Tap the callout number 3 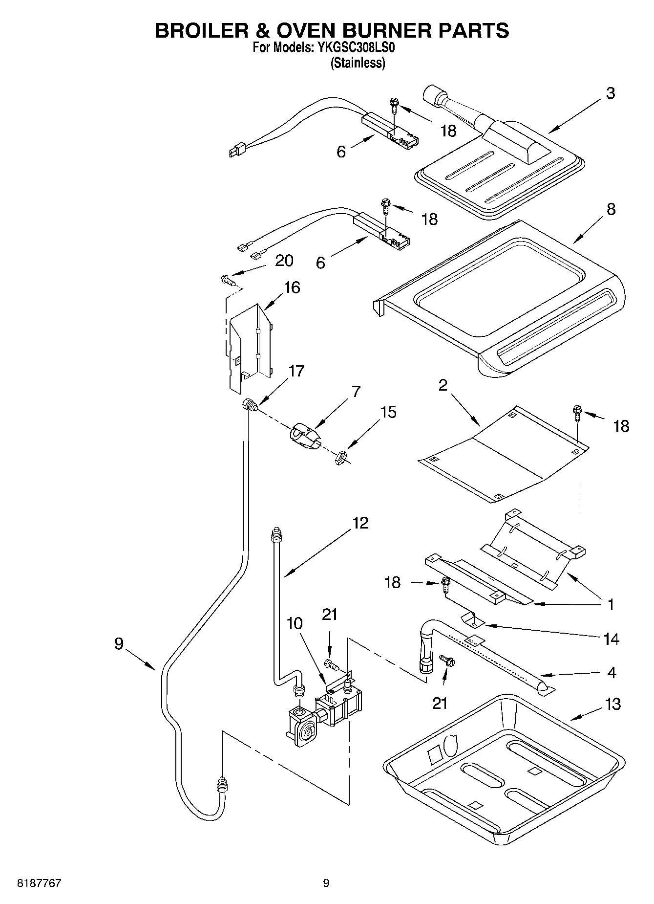point(610,93)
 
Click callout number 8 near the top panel point(611,209)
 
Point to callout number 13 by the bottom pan point(613,704)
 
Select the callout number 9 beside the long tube point(119,644)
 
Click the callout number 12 point(360,523)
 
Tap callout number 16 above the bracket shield point(292,287)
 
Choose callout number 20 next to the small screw point(284,261)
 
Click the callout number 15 point(388,412)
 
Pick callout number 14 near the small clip point(611,639)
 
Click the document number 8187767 point(39,883)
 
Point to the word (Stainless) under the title point(358,63)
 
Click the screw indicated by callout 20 point(227,280)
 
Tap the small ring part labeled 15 point(340,459)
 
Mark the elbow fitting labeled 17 point(250,404)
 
